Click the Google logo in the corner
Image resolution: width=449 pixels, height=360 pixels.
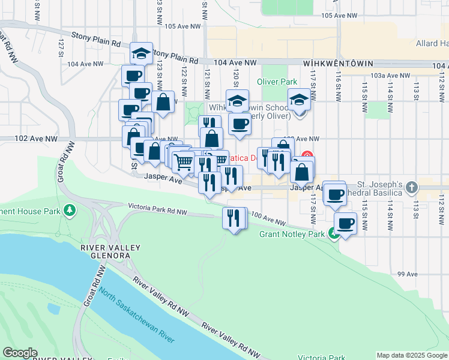point(20,353)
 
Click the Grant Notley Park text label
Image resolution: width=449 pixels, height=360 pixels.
point(292,234)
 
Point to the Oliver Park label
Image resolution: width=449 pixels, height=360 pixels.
point(277,82)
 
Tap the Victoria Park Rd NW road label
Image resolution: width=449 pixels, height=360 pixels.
point(158,209)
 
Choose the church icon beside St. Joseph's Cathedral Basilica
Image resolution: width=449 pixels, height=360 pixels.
point(411,187)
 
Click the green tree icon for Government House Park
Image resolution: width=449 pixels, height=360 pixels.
point(70,210)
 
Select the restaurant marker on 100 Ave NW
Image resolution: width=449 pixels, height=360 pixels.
point(234,217)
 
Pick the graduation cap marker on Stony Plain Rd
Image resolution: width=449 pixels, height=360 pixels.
point(142,53)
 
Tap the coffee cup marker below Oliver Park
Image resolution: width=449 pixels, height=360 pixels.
point(240,124)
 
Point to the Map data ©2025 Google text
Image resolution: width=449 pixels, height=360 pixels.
point(411,355)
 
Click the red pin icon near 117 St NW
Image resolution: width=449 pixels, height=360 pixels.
point(307,155)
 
